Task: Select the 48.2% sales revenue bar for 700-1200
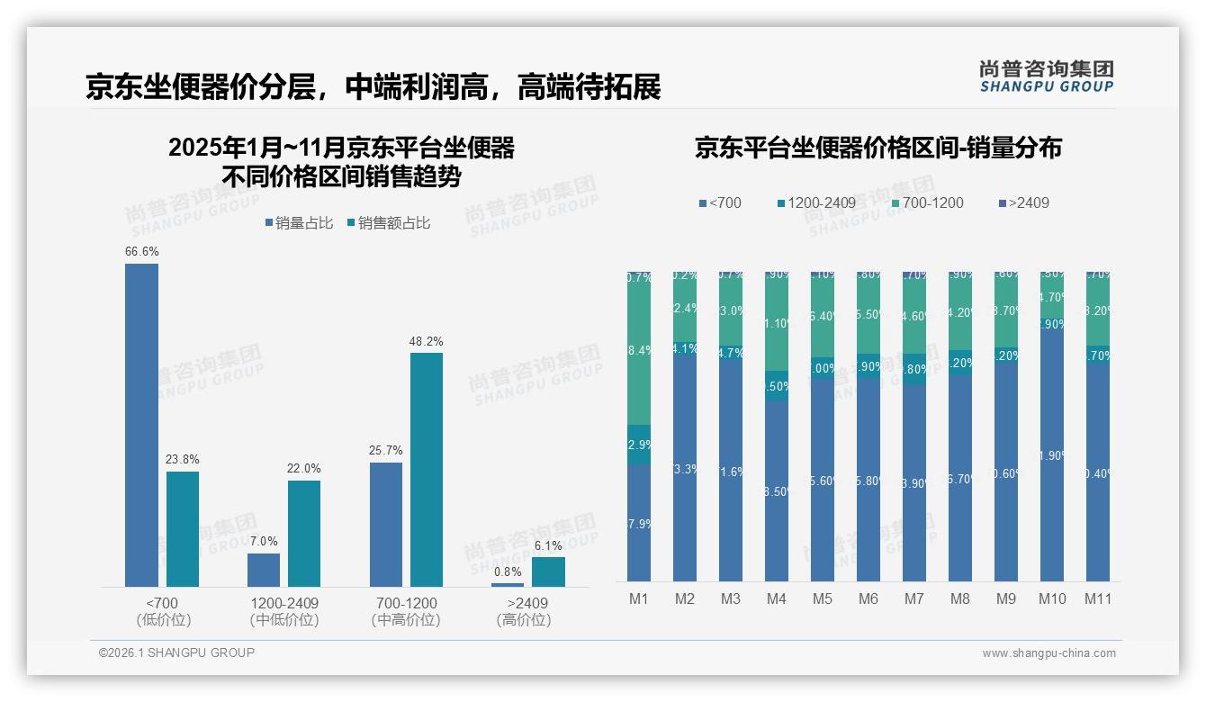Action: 427,469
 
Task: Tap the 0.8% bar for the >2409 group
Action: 508,584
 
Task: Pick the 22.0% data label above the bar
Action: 304,469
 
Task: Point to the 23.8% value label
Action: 182,460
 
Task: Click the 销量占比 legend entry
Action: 301,223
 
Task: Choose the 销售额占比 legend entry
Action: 389,223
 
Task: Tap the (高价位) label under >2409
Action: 523,620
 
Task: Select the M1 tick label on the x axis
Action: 638,598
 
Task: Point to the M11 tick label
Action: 1097,598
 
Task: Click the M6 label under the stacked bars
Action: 868,598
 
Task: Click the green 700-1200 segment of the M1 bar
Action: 638,351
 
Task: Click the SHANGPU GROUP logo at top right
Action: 1046,76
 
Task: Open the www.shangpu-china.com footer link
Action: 1048,653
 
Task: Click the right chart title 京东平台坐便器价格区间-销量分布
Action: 877,148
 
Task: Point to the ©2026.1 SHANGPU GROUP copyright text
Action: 176,652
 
